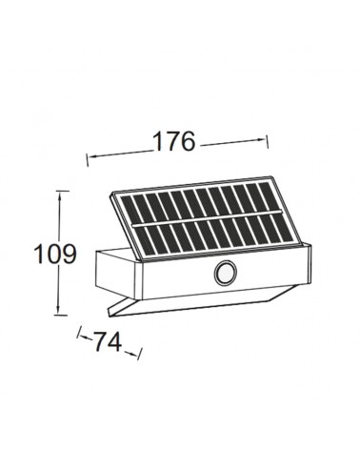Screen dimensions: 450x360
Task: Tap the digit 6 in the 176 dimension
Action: tap(186, 141)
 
